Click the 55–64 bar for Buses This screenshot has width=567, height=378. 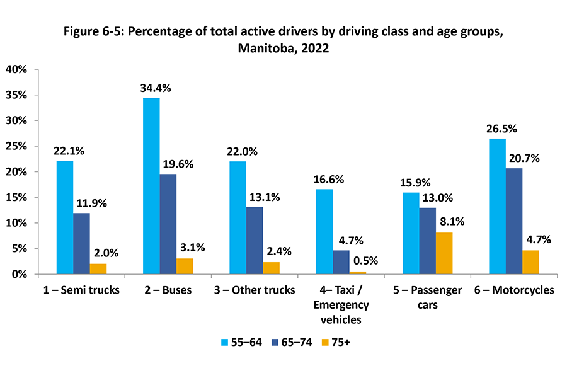151,186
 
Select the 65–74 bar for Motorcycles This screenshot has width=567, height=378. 513,221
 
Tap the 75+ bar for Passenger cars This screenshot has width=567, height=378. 444,253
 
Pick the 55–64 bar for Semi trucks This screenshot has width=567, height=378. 64,217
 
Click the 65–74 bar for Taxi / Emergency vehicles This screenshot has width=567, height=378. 340,262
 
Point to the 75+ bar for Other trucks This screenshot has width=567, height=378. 271,268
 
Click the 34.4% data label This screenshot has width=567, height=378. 155,88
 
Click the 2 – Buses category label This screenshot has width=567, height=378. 168,290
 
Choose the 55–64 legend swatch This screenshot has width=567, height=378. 225,342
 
